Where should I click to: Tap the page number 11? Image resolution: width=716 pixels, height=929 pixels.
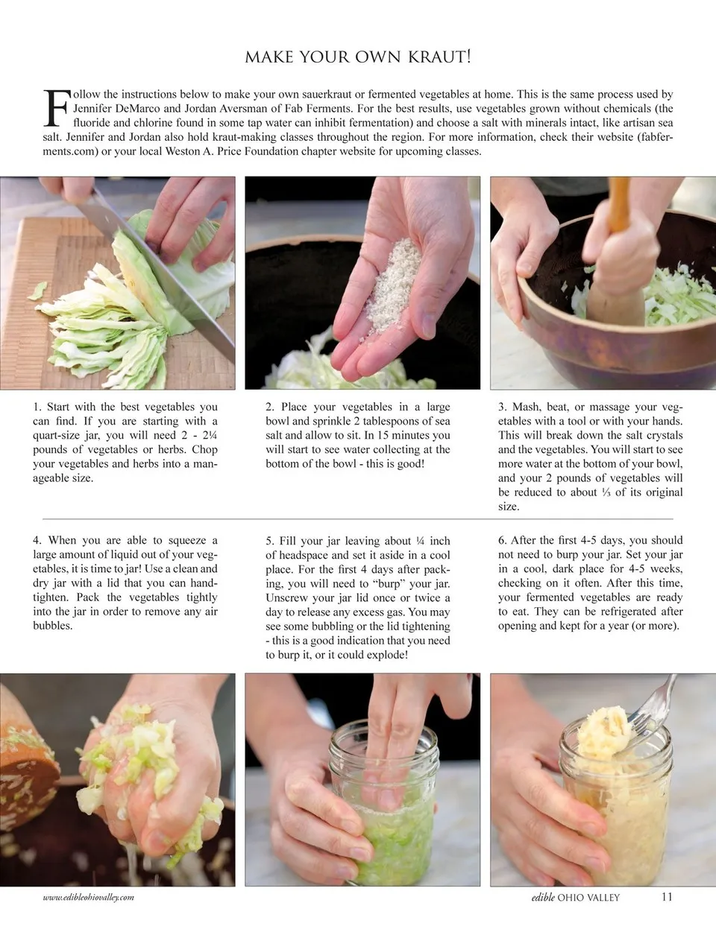(668, 896)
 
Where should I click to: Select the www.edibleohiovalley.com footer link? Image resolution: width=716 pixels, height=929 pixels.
(89, 898)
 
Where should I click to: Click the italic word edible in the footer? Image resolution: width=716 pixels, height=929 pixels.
(543, 897)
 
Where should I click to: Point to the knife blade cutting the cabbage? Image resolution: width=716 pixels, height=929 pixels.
(163, 278)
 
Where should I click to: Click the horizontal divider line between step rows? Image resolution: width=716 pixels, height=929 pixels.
(358, 519)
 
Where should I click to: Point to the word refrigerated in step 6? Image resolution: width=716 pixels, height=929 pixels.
(628, 612)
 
